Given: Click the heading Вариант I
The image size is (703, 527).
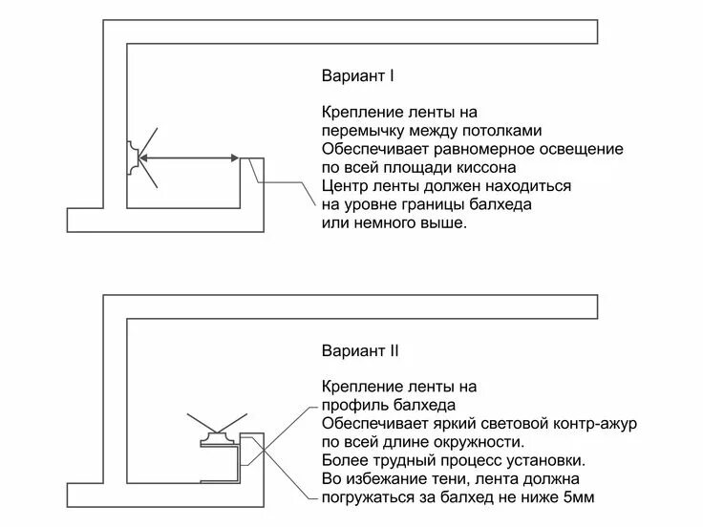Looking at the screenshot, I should pos(358,74).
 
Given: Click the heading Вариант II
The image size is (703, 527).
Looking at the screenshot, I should pos(360,351).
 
